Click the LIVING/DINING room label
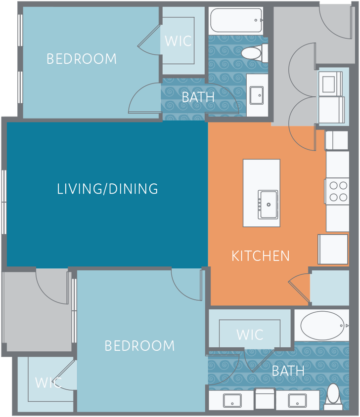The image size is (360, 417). [107, 189]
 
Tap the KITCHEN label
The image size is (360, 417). [261, 256]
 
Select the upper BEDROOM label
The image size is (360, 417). [82, 59]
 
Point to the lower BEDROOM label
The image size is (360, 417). [139, 345]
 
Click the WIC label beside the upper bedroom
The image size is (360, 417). [178, 41]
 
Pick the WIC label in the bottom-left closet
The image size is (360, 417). [48, 382]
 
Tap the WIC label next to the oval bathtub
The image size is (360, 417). [250, 334]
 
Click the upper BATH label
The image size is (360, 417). [198, 97]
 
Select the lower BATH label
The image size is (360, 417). [288, 371]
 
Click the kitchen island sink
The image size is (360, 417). [268, 203]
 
